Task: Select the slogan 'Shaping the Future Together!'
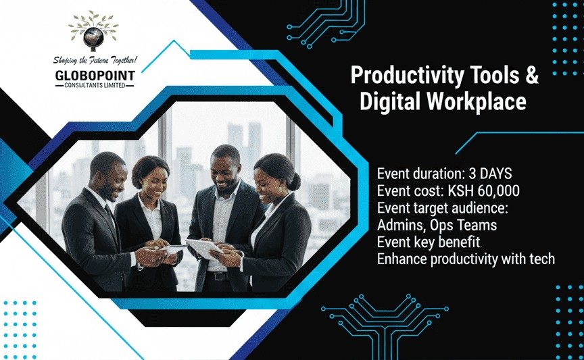point(94,61)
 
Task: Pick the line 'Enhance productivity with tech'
point(466,259)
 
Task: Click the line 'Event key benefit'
point(429,241)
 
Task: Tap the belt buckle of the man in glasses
point(218,275)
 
